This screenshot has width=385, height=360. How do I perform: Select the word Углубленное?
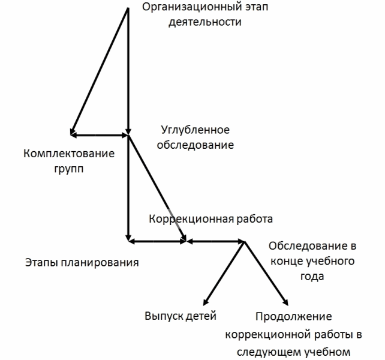pyautogui.click(x=195, y=130)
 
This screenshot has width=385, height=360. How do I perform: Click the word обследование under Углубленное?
pyautogui.click(x=197, y=145)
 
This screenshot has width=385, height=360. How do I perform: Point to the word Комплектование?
pyautogui.click(x=68, y=154)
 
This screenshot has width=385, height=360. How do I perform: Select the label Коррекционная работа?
pyautogui.click(x=210, y=218)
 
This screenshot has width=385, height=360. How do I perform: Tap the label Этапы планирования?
pyautogui.click(x=83, y=262)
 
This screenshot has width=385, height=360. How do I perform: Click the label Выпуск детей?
pyautogui.click(x=180, y=315)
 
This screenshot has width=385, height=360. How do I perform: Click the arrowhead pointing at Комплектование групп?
pyautogui.click(x=73, y=134)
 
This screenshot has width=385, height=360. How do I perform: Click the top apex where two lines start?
pyautogui.click(x=128, y=8)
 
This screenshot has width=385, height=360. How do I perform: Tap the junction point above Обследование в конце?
pyautogui.click(x=245, y=242)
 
